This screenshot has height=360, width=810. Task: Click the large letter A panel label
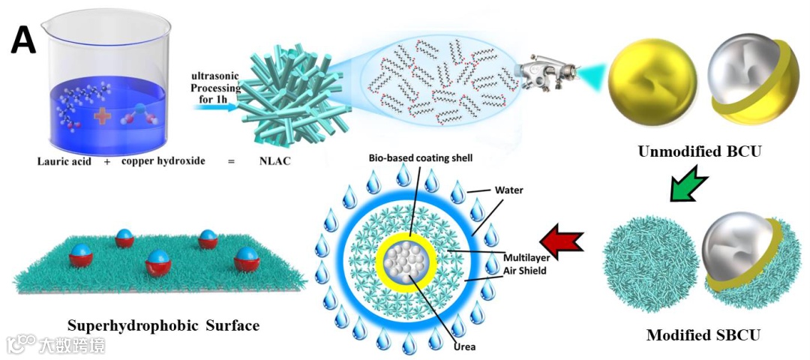pos(23,42)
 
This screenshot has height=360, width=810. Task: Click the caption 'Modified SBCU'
pos(703,335)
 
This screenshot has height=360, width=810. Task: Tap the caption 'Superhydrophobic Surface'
pos(163,326)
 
